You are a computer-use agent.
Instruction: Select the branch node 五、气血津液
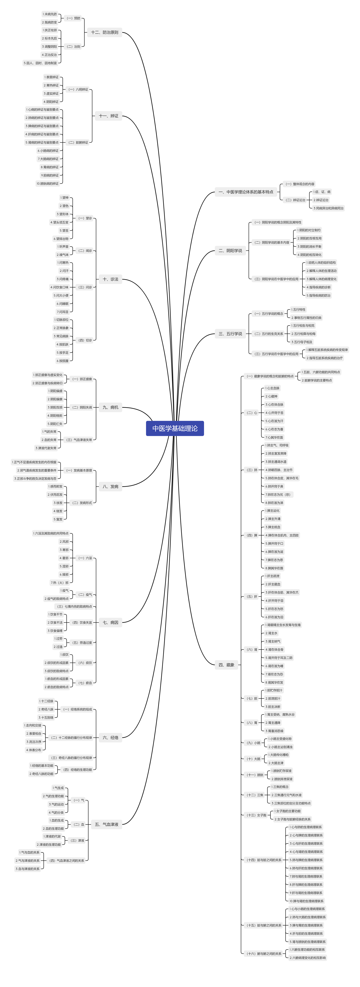pos(106,824)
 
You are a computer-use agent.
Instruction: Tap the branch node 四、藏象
pos(226,665)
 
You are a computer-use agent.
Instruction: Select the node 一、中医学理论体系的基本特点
pos(246,192)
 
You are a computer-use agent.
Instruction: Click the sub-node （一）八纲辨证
pos(78,89)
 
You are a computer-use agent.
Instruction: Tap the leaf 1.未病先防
pos(50,14)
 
